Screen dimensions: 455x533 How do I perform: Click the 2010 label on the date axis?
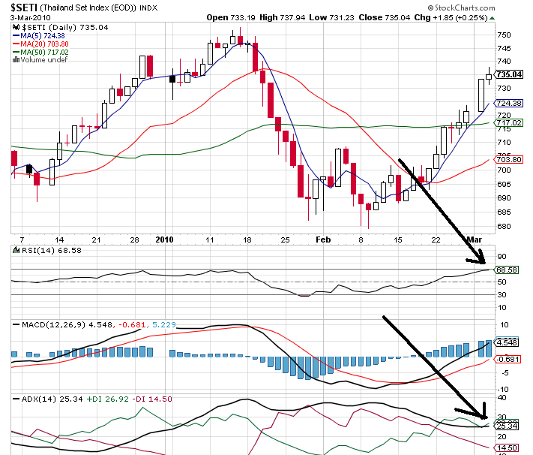pyautogui.click(x=163, y=240)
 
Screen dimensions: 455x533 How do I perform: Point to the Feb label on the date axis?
pyautogui.click(x=323, y=240)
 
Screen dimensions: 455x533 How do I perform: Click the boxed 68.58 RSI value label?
pyautogui.click(x=509, y=269)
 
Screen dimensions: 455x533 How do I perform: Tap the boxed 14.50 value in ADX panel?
pyautogui.click(x=509, y=447)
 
